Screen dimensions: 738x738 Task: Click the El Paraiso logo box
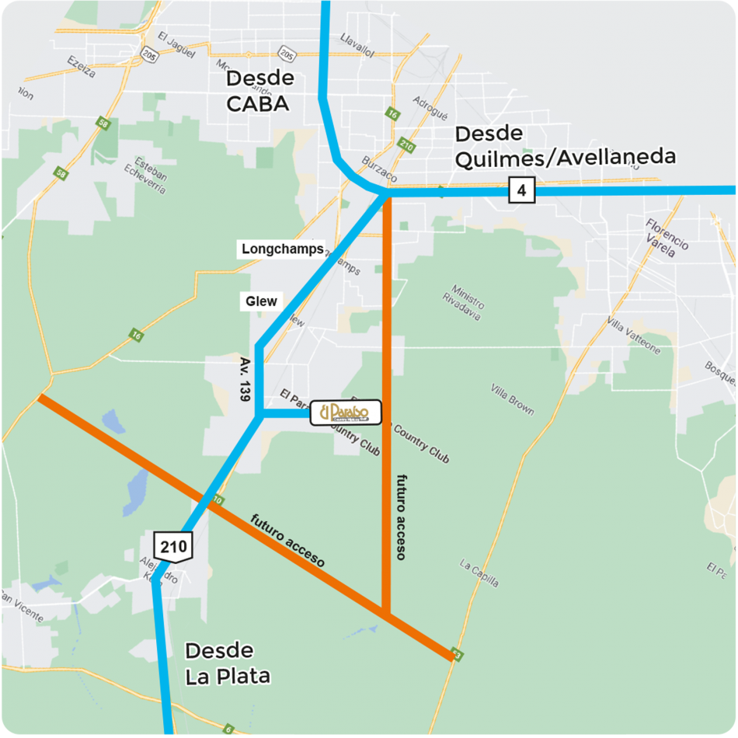[346, 413]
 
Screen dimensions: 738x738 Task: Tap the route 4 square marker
[522, 190]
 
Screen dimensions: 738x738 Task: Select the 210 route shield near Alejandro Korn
[173, 546]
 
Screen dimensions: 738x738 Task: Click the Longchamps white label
[281, 249]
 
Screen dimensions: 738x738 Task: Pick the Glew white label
[261, 301]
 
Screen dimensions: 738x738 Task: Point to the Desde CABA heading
[259, 90]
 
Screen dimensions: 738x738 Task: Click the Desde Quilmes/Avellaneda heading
[565, 146]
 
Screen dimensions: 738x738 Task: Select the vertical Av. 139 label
[244, 379]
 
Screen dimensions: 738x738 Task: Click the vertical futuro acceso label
[401, 516]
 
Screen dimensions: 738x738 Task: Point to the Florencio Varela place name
[667, 234]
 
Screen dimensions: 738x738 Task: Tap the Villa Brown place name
[513, 399]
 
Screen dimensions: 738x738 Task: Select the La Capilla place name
[479, 573]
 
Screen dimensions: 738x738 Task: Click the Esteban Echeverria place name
[150, 176]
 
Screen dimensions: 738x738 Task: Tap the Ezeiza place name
[82, 66]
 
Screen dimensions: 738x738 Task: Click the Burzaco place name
[380, 171]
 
